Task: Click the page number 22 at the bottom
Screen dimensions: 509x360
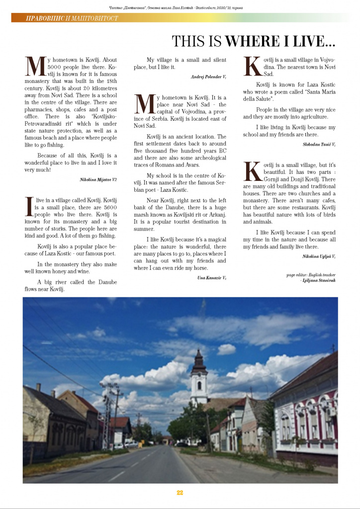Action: (180, 492)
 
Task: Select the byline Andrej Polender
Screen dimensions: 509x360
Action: (208, 77)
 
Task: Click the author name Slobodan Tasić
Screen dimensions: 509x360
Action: (319, 144)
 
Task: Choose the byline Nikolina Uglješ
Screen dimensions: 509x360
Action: (318, 256)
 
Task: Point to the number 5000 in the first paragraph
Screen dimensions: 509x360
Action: (57, 66)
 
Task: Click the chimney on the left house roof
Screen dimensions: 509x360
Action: (38, 387)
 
